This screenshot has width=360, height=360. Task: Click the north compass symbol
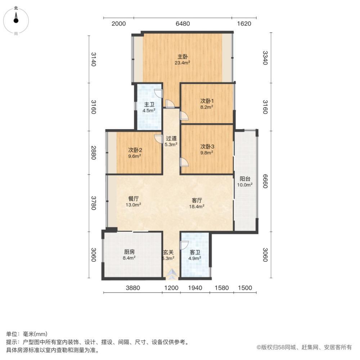16,19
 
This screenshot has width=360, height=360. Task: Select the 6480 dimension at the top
183,24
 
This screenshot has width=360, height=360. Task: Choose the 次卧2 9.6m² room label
134,153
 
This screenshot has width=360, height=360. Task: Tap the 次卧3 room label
207,149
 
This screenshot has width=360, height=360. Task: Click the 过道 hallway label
171,141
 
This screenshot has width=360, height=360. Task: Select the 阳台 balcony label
245,182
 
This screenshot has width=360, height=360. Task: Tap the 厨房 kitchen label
129,255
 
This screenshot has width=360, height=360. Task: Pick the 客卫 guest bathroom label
195,255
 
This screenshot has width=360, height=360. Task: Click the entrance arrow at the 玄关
171,275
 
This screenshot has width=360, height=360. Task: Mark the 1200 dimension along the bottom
171,288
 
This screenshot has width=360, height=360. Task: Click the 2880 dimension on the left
93,152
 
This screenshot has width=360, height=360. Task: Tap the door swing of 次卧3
184,162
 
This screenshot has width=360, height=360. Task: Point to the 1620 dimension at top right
244,24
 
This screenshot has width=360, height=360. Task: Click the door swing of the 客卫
184,246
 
